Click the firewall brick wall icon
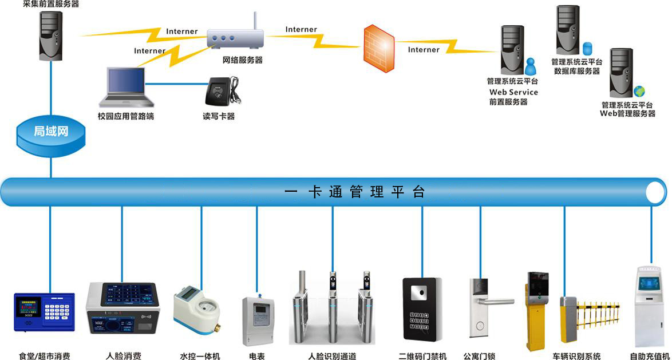point(378,48)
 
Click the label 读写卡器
point(219,116)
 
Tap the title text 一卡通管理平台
point(355,192)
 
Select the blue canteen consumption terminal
point(44,312)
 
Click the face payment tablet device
point(122,312)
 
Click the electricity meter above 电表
point(258,320)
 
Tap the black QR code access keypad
point(422,309)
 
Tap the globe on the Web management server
point(639,92)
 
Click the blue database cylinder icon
point(587,47)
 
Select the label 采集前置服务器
point(51,4)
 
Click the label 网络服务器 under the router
point(242,60)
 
